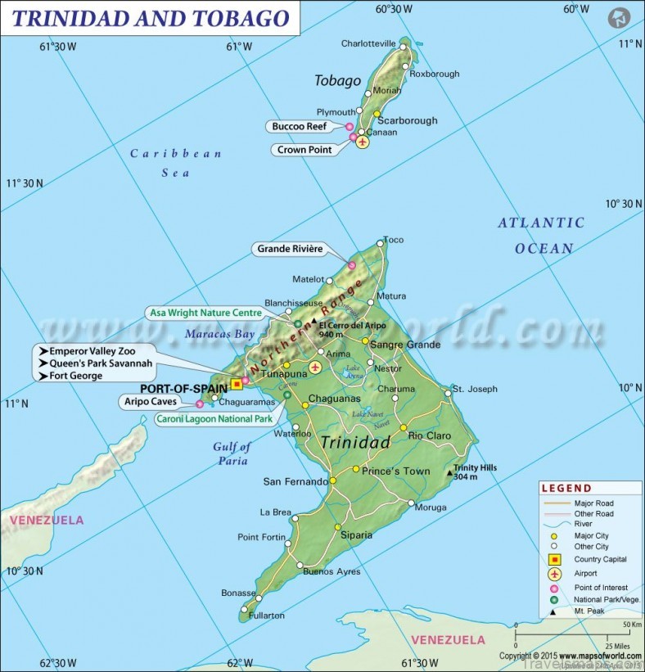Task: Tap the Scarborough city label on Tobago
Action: click(x=407, y=120)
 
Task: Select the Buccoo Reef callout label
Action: click(x=300, y=127)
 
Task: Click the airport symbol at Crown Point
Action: click(x=363, y=142)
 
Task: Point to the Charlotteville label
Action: click(x=368, y=43)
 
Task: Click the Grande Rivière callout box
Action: click(x=290, y=249)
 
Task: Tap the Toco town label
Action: click(x=394, y=240)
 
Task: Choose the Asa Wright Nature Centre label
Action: click(x=205, y=313)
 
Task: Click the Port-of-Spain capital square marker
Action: click(x=237, y=383)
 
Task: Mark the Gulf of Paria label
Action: click(x=232, y=453)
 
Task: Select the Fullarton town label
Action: click(x=267, y=615)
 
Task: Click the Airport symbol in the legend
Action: click(x=554, y=574)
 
